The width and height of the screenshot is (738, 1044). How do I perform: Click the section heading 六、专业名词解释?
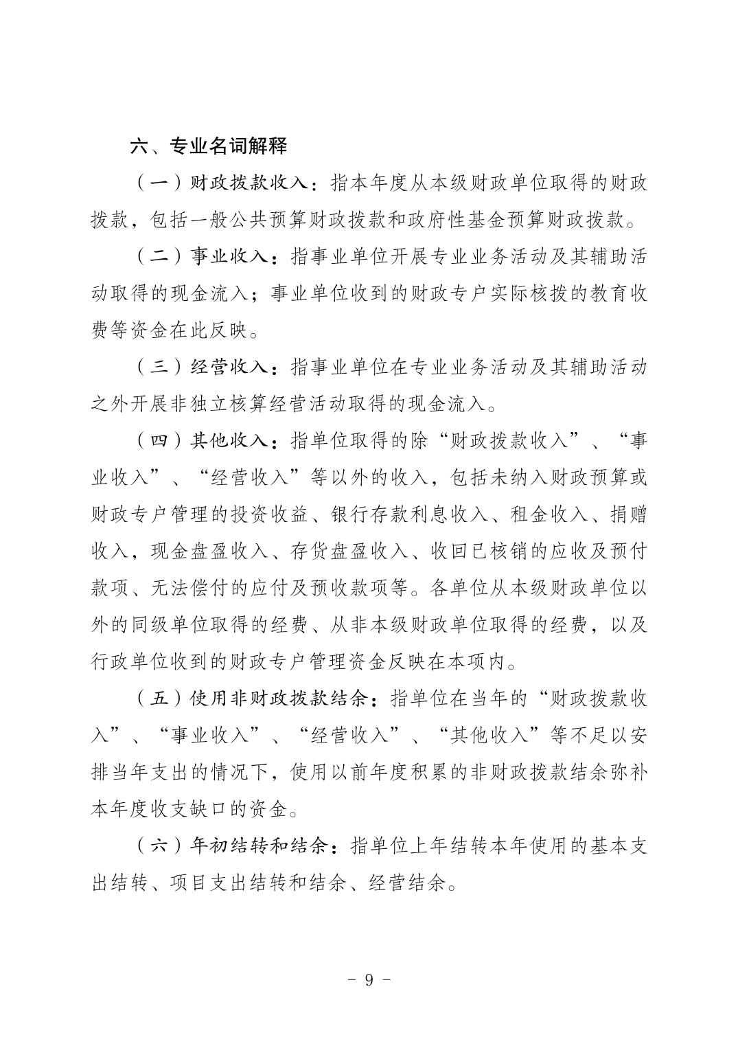click(x=209, y=146)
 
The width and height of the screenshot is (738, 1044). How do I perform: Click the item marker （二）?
click(x=159, y=257)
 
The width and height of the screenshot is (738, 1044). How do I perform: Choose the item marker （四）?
click(x=159, y=440)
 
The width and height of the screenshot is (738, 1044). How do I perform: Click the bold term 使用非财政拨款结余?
click(x=279, y=699)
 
